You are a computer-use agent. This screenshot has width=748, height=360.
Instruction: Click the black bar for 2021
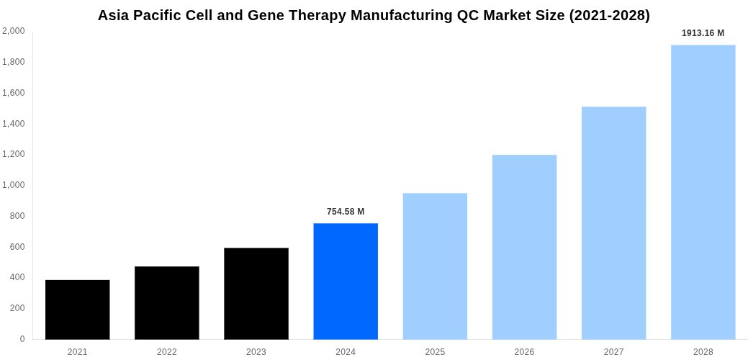coord(77,310)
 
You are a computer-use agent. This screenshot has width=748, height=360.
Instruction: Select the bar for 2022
coord(166,302)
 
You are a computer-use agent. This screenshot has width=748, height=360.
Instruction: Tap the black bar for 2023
coord(256,294)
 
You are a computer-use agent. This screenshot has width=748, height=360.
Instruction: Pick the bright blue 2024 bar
coord(346,281)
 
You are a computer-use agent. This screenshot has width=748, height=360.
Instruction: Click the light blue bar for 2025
coord(435,266)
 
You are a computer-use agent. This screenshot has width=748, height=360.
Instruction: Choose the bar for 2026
coord(524,247)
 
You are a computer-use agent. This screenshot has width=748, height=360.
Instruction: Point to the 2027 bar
coord(613,223)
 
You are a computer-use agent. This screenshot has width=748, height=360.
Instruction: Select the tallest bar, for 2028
coord(703,192)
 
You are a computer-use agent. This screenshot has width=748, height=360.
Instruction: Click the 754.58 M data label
coord(346,212)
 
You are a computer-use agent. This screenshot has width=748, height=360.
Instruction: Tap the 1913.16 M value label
coord(703,33)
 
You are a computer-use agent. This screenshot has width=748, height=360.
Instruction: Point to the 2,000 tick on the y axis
coord(14,31)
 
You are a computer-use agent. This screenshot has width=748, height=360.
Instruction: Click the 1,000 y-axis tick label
coord(14,185)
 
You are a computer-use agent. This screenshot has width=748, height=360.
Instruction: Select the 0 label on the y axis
coord(22,339)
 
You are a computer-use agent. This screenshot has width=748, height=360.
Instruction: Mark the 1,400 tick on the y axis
coord(14,124)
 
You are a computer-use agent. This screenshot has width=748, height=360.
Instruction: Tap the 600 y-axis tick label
coord(17,247)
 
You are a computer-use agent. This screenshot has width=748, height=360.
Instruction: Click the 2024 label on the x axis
coord(346,352)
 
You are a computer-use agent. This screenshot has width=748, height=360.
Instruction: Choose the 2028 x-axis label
coord(703,352)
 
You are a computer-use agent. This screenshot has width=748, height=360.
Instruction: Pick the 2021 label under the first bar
coord(77,352)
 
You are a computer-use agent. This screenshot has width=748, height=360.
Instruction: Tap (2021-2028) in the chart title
coord(609,15)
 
